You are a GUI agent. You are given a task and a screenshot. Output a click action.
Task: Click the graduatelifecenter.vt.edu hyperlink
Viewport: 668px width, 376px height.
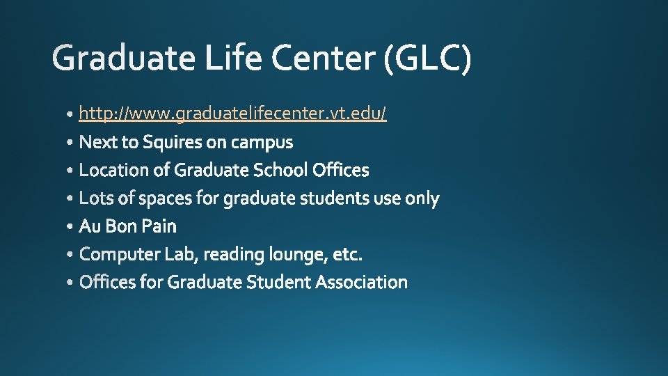(232, 113)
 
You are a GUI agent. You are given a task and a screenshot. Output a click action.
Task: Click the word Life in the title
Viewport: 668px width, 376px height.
(234, 58)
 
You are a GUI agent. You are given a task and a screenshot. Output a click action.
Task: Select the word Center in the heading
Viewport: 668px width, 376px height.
(324, 58)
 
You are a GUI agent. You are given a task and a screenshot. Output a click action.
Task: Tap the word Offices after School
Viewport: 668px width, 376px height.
(341, 170)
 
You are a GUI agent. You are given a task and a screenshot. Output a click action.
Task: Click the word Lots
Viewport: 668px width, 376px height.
(95, 198)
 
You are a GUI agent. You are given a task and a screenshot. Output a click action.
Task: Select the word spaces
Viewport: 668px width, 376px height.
(166, 199)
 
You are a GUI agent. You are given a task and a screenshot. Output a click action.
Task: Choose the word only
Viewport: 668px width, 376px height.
(422, 198)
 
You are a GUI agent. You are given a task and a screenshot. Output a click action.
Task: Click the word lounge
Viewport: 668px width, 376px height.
(302, 255)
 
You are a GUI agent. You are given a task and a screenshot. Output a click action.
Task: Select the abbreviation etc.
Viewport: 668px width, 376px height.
(348, 255)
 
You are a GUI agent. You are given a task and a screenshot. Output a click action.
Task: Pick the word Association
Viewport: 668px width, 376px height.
(361, 282)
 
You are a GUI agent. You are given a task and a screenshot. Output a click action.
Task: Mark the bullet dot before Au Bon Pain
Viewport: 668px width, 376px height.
(72, 228)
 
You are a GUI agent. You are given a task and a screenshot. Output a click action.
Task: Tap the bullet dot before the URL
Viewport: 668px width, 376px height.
(72, 114)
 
